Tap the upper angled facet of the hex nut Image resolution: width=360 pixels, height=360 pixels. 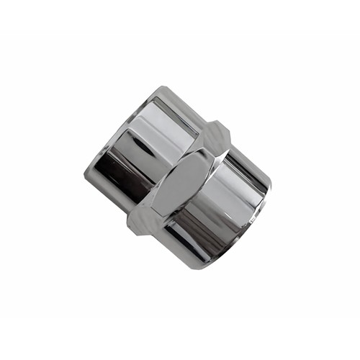point(216,137)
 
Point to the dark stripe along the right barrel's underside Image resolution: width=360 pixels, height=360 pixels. point(191,245)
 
